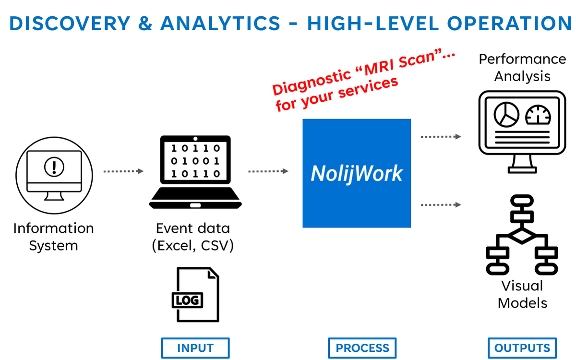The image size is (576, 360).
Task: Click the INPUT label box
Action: click(x=195, y=348)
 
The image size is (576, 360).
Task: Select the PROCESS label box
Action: click(x=362, y=348)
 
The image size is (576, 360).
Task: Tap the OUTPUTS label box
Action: click(x=522, y=348)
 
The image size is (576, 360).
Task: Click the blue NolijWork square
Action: click(x=357, y=173)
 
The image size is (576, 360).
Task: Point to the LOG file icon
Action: click(x=195, y=294)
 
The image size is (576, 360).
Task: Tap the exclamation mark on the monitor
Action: click(x=54, y=167)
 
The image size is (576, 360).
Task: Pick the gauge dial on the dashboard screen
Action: click(x=538, y=115)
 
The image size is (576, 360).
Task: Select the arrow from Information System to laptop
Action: click(x=123, y=171)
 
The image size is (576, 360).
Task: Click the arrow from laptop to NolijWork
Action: click(x=268, y=171)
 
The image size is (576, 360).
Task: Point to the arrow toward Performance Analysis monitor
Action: click(x=441, y=137)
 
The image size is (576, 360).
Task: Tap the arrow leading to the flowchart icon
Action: click(x=441, y=205)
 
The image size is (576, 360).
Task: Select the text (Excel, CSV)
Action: click(x=193, y=246)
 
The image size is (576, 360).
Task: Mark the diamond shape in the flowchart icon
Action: click(x=522, y=236)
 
